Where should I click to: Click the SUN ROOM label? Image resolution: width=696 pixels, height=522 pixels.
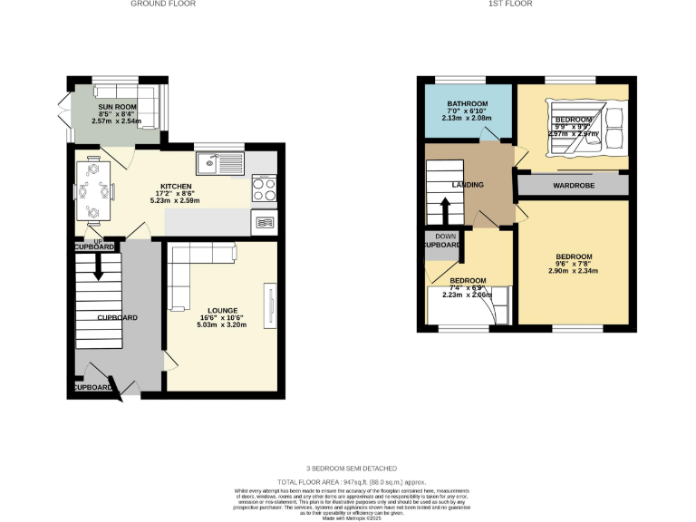click(x=117, y=107)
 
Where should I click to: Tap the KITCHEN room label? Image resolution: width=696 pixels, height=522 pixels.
click(x=176, y=187)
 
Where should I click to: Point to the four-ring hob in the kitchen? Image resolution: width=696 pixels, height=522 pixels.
click(x=263, y=190)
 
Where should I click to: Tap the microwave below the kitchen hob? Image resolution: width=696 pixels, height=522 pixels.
click(x=264, y=222)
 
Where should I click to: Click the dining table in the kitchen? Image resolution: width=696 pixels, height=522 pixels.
click(x=93, y=190)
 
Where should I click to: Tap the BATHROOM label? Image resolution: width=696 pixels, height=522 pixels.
click(x=466, y=104)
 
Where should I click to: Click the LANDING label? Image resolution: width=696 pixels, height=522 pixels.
click(x=468, y=185)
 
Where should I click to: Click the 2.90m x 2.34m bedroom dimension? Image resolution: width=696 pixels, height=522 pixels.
click(x=575, y=270)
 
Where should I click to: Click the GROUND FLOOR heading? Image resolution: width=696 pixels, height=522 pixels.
click(x=163, y=4)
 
